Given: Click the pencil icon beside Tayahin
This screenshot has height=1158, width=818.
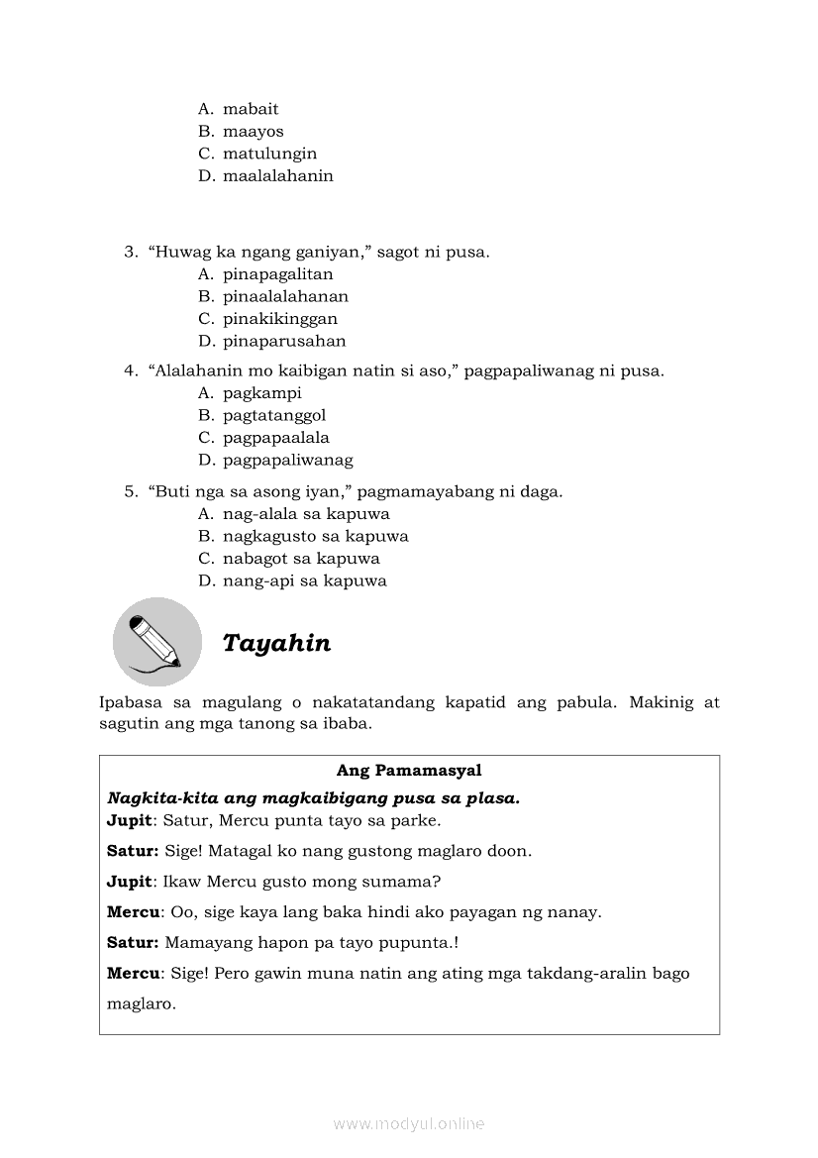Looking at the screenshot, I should point(156,641).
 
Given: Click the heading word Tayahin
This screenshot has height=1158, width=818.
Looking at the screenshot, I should point(276,644).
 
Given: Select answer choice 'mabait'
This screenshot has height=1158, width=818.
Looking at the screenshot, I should point(251,109).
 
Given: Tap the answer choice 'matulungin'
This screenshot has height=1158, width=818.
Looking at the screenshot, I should point(269,154).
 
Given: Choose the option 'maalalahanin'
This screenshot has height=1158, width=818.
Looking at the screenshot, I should point(277,176).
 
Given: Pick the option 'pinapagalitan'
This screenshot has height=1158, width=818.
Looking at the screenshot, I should point(277,274).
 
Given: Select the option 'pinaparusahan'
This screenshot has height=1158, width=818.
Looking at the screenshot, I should point(284,342).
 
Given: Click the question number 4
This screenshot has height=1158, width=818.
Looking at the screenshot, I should point(130,371).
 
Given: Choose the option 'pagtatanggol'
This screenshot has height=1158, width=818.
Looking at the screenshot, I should point(274,416).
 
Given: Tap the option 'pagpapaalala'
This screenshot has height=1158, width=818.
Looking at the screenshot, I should point(276,438).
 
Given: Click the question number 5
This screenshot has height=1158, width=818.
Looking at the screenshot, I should point(130,491).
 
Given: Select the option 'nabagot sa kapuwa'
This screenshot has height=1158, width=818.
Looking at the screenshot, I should point(301,559).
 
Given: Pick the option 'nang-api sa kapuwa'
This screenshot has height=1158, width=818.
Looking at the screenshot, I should point(304,581).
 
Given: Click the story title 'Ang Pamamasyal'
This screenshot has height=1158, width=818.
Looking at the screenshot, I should point(409,770).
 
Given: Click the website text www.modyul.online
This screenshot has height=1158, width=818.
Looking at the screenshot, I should point(409,1123).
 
